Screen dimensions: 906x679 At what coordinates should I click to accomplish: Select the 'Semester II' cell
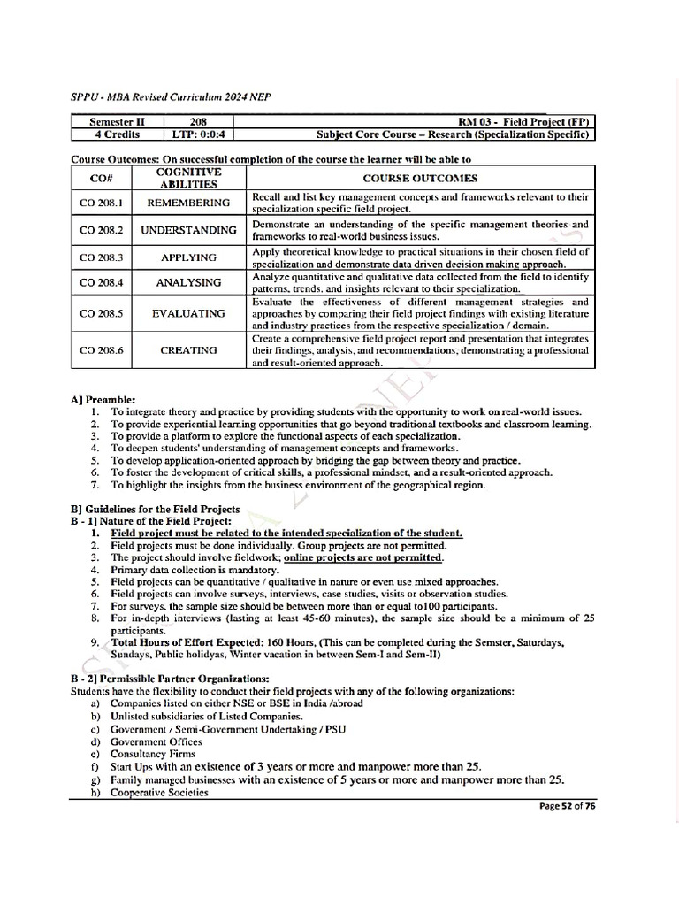click(x=118, y=121)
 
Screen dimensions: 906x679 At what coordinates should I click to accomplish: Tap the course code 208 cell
click(x=199, y=121)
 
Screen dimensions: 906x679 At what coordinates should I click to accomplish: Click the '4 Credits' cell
click(x=118, y=134)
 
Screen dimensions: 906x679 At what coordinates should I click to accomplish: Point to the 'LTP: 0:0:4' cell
click(x=199, y=134)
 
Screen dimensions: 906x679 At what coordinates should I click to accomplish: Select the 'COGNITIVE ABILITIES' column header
click(x=188, y=178)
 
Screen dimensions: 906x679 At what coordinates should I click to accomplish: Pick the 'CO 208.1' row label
click(x=101, y=203)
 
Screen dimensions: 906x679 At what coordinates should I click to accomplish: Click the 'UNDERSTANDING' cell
click(x=188, y=230)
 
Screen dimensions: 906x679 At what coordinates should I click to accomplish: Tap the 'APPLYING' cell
click(x=188, y=257)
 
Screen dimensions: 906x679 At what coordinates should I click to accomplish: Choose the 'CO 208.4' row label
click(x=101, y=283)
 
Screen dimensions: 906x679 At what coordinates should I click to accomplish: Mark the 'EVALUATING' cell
click(x=188, y=313)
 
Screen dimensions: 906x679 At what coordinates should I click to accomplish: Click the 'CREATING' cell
click(x=188, y=350)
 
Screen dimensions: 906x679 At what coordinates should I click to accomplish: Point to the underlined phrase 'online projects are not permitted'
click(x=363, y=558)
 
